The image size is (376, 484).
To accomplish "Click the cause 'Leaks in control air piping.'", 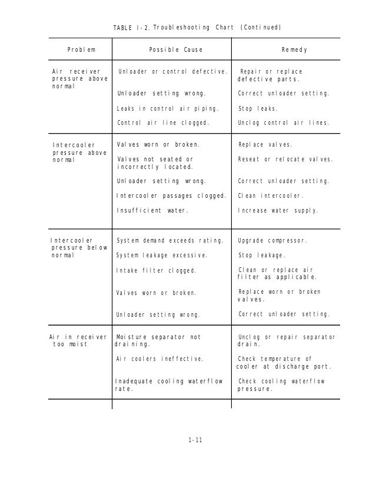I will point(168,109).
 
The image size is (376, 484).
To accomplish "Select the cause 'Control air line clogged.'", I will point(163,124).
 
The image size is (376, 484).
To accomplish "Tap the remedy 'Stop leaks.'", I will point(258,109).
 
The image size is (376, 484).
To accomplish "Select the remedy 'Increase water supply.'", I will point(278,210).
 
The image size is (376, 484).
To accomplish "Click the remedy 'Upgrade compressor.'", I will point(272,241).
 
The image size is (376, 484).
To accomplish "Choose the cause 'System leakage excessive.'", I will point(162,256).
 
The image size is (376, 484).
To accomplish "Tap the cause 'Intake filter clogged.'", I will point(156,271).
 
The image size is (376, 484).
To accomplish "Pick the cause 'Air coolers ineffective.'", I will point(160,359).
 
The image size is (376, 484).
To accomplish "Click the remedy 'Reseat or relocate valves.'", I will point(285,160).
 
